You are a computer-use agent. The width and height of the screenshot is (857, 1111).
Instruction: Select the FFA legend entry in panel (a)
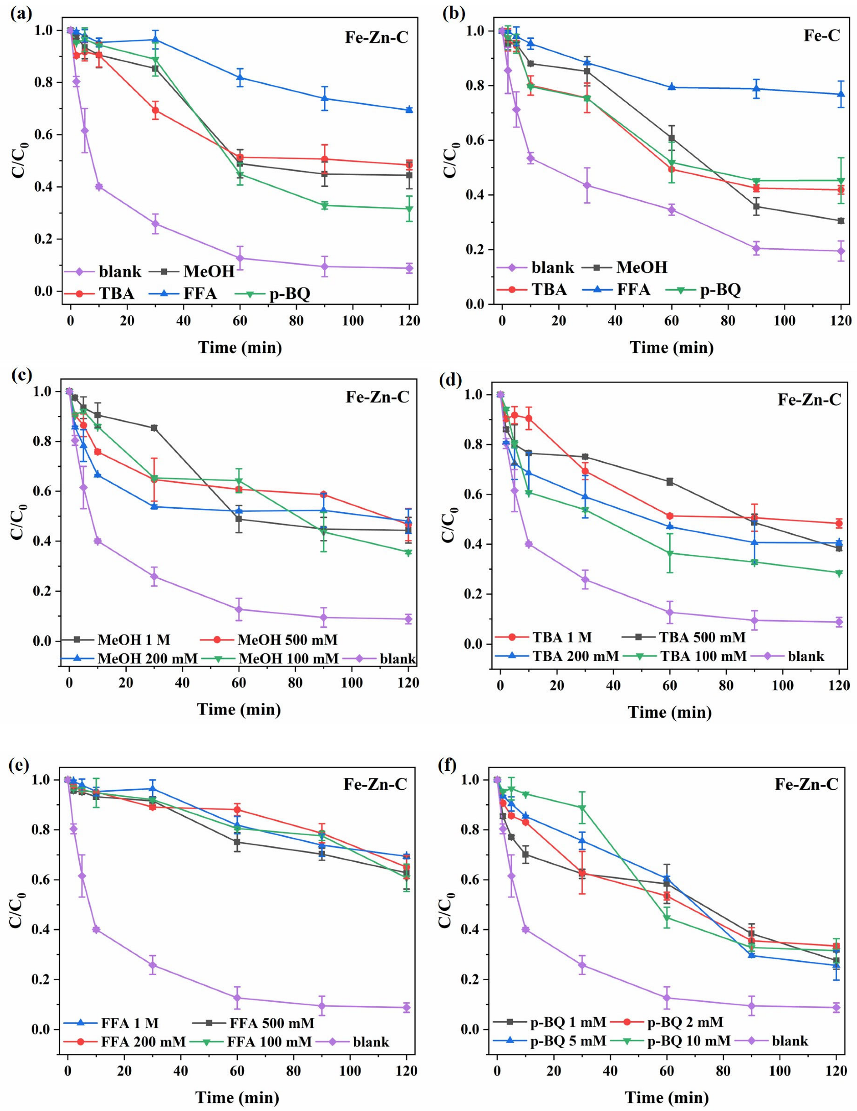pos(184,293)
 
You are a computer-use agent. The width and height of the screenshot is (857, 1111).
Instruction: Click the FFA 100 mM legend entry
pos(254,1041)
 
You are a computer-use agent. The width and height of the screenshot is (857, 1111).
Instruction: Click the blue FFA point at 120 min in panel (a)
pos(409,109)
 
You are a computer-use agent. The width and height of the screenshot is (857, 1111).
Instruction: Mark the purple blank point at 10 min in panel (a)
pos(99,186)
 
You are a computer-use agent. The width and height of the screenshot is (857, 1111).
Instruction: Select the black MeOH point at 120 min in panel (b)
pos(840,221)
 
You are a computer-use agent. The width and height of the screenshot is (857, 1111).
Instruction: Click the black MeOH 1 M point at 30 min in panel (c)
pos(154,428)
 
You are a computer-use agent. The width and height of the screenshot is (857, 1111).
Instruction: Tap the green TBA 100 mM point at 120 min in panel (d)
pos(838,573)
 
